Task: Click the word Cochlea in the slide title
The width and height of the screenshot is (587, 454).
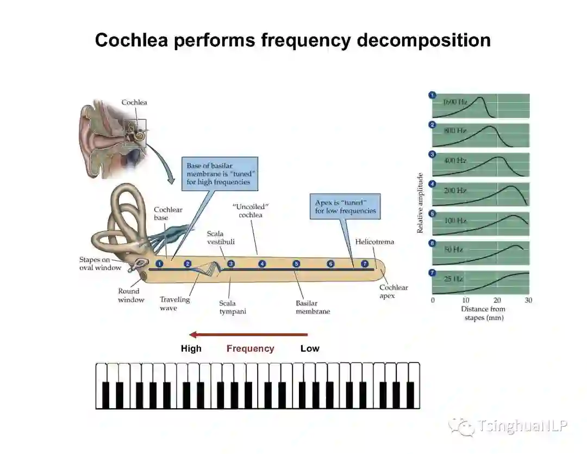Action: click(x=131, y=40)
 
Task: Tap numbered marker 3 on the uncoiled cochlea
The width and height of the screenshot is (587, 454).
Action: click(x=231, y=264)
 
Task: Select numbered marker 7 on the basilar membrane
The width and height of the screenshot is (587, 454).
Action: click(x=365, y=264)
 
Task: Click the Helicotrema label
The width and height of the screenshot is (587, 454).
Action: click(x=374, y=242)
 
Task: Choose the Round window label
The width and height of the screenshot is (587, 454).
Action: click(x=132, y=296)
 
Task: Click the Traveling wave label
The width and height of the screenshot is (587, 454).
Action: click(x=174, y=304)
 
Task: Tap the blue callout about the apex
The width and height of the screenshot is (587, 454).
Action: click(x=345, y=206)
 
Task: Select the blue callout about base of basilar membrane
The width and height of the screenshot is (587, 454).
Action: click(x=220, y=174)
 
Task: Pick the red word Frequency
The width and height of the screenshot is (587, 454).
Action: click(x=250, y=349)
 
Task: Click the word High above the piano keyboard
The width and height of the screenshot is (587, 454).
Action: click(x=191, y=349)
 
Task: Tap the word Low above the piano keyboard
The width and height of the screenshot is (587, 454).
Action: click(x=310, y=349)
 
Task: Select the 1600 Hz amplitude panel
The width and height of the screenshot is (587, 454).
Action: click(x=480, y=106)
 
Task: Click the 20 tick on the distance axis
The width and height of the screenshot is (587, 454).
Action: click(x=497, y=300)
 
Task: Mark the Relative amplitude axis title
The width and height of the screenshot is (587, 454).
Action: click(x=420, y=203)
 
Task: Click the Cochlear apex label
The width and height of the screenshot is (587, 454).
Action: click(x=394, y=292)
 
